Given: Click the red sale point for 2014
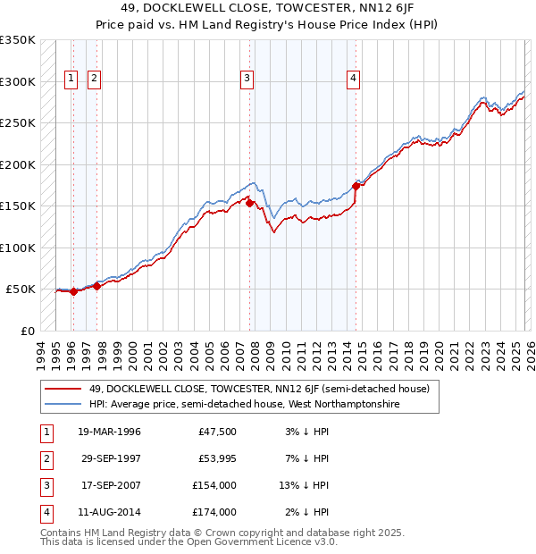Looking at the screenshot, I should click(356, 186).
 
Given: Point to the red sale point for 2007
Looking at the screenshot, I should click(249, 203).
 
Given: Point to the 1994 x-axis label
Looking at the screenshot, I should click(41, 351).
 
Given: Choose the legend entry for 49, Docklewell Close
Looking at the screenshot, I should click(259, 389).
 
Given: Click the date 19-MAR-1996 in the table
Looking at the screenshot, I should click(109, 432).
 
